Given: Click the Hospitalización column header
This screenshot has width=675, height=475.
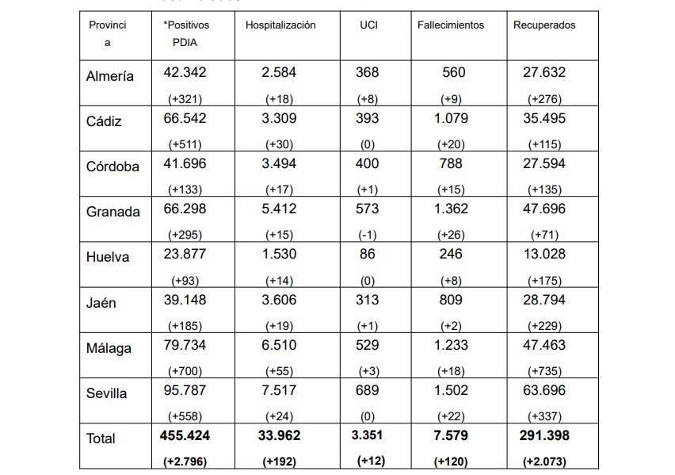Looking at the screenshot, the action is tap(280, 25).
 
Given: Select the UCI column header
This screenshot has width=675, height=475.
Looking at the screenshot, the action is tap(368, 25).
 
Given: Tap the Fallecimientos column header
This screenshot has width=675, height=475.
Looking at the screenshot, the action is tap(451, 25).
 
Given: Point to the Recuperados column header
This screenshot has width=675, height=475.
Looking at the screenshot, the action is tap(544, 25).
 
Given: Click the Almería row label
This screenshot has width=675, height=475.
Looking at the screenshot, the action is tap(110, 76).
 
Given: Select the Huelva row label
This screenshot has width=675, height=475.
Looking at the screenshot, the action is tap(108, 257).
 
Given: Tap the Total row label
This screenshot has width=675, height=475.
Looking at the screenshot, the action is tap(101, 439).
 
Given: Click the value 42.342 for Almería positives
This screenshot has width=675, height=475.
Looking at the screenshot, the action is tap(185, 72).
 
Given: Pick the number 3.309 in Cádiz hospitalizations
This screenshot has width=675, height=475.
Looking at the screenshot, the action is tap(279, 118).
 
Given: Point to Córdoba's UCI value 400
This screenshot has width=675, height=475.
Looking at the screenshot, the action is tap(367, 163).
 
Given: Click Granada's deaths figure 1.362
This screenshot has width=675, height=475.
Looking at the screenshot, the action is tap(451, 209).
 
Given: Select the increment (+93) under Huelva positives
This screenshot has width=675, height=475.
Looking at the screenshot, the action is tap(185, 281).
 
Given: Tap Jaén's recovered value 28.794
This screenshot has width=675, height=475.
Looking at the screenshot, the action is tap(544, 300).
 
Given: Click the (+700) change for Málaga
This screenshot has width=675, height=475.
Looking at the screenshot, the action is tap(185, 371).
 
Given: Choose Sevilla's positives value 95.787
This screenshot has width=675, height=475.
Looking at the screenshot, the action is tap(185, 390).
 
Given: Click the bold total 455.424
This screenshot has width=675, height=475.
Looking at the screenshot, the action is tap(185, 435).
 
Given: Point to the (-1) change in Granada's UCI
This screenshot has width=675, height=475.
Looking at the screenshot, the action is tap(367, 235).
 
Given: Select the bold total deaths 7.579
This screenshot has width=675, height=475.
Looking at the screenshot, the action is tap(451, 435).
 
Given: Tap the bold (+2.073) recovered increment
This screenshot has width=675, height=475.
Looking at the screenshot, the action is tap(544, 462).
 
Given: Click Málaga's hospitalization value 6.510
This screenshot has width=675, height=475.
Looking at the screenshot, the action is tap(279, 345).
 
